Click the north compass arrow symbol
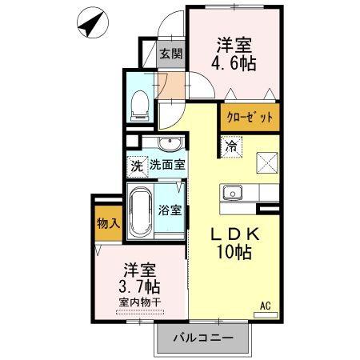[x=92, y=24]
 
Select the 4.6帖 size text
[x=235, y=63]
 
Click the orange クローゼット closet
[x=250, y=117]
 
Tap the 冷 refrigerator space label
[x=230, y=146]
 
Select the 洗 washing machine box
[x=136, y=167]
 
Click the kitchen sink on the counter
[x=232, y=193]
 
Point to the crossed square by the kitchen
[x=266, y=163]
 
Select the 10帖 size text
[x=235, y=254]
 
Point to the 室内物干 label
[x=138, y=302]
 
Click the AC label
[x=266, y=304]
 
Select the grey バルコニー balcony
[x=205, y=338]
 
